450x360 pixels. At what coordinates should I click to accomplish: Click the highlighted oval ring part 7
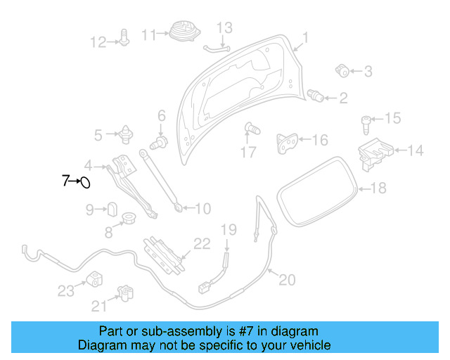coord(84,183)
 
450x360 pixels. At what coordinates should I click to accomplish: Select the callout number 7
coord(65,181)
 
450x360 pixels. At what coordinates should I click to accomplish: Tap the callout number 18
coord(378,188)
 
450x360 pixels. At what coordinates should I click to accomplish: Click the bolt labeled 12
coord(124,39)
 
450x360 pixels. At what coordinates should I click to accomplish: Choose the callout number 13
coord(224,27)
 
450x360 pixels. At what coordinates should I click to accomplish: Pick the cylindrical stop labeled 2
coord(316,96)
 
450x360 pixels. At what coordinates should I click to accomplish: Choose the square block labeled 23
coord(94,278)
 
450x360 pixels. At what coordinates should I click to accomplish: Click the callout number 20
coord(286,280)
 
